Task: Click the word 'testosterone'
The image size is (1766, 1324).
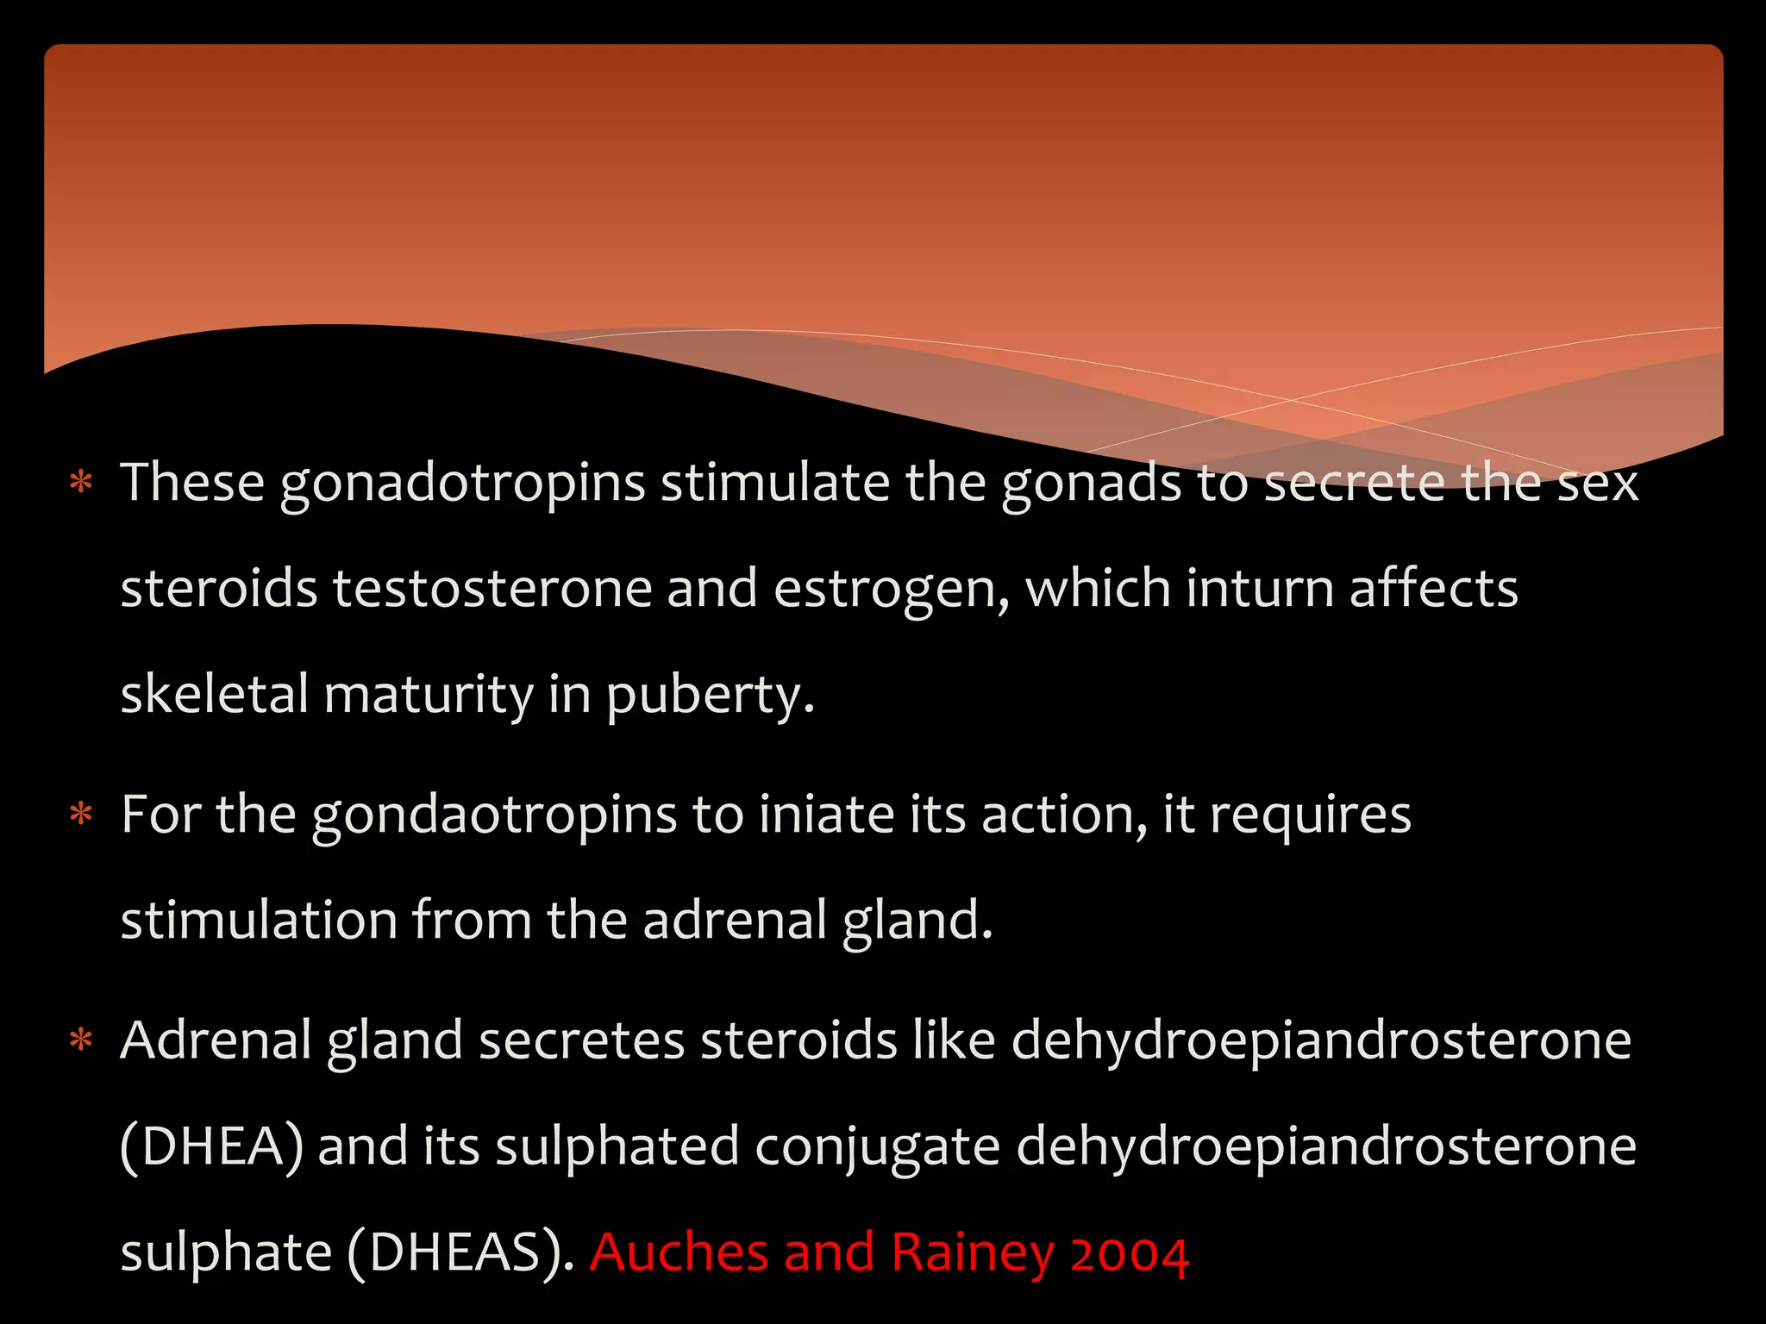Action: point(492,589)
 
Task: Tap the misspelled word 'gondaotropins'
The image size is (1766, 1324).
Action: point(494,815)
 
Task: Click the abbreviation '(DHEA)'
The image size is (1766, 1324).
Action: point(211,1146)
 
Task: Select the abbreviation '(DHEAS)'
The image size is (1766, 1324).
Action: point(460,1252)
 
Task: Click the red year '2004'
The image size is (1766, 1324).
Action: point(1130,1252)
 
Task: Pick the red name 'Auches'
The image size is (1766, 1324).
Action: point(679,1252)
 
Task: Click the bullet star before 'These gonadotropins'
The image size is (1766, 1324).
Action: point(81,483)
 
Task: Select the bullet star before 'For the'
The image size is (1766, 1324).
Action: point(81,815)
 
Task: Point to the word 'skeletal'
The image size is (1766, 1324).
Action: point(214,695)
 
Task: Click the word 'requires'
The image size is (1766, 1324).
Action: point(1310,815)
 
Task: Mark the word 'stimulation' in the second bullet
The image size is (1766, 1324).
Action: point(259,921)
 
